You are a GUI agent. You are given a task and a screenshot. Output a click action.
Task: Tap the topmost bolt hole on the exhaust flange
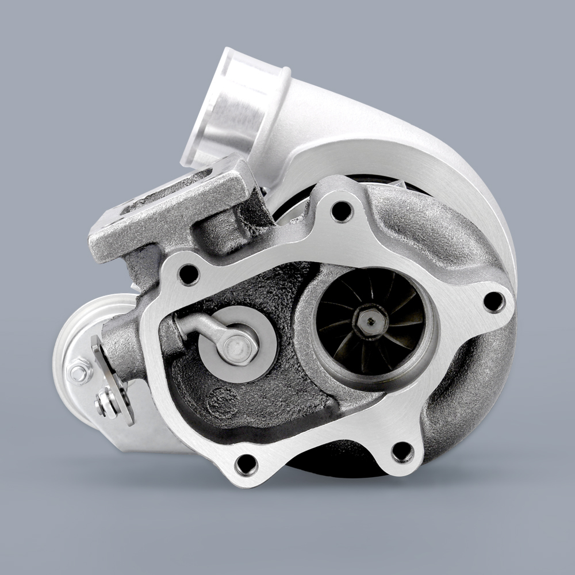click(342, 211)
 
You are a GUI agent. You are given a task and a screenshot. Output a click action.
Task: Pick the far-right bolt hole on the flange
click(493, 301)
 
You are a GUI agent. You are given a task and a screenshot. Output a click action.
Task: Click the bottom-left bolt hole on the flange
click(247, 463)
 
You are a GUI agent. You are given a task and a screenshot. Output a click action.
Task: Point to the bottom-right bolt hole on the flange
click(402, 452)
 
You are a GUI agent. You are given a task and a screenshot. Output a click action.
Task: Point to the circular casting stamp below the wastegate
click(223, 401)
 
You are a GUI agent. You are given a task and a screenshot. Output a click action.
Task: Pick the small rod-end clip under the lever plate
click(106, 402)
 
